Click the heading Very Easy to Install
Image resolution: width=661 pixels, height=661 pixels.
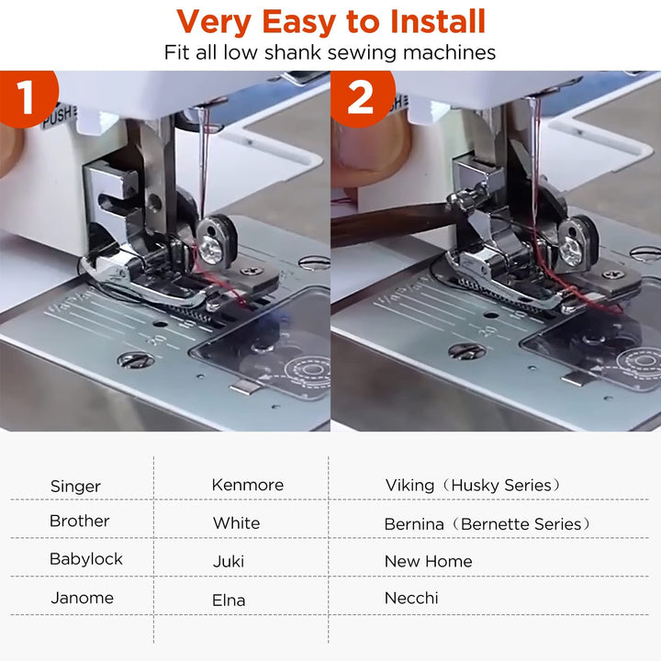click(x=330, y=21)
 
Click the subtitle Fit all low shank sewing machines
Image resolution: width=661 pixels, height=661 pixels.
click(x=330, y=52)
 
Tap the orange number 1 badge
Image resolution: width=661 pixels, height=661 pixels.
click(x=25, y=97)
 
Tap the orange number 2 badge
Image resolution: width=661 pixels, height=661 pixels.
click(x=360, y=97)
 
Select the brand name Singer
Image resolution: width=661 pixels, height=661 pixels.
click(x=75, y=487)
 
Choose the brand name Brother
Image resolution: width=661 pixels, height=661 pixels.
click(x=79, y=521)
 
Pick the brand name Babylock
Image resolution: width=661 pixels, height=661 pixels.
click(x=85, y=559)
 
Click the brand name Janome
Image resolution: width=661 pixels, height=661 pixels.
click(x=82, y=598)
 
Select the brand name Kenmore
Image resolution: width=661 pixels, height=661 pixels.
click(x=247, y=485)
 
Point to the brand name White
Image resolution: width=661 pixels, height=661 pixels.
click(x=236, y=523)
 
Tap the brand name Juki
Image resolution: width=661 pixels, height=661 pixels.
click(x=228, y=561)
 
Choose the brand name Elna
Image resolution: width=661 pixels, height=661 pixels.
click(x=229, y=600)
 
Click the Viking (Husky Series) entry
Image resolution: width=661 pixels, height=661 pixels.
click(x=473, y=485)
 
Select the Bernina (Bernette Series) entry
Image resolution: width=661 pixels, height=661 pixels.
click(x=487, y=524)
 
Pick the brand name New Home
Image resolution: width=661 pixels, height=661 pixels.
click(x=428, y=561)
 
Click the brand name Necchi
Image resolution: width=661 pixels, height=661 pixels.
click(x=411, y=599)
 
